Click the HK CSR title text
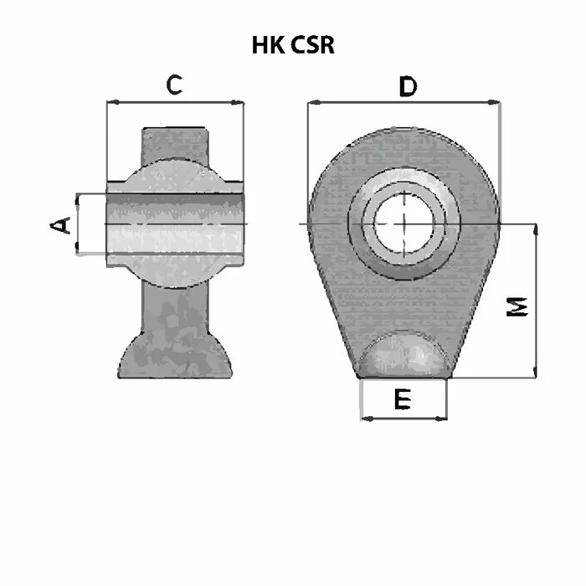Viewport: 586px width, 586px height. click(x=293, y=45)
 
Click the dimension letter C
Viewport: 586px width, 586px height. click(x=174, y=85)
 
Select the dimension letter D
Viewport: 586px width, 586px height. click(x=408, y=86)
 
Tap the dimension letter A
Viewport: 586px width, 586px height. click(x=60, y=225)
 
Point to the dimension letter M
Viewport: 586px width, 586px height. click(x=517, y=307)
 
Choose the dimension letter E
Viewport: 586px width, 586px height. click(x=403, y=398)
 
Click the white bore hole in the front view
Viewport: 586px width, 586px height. click(x=404, y=224)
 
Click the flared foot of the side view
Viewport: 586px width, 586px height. click(x=175, y=357)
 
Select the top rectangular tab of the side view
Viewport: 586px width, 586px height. click(x=174, y=146)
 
